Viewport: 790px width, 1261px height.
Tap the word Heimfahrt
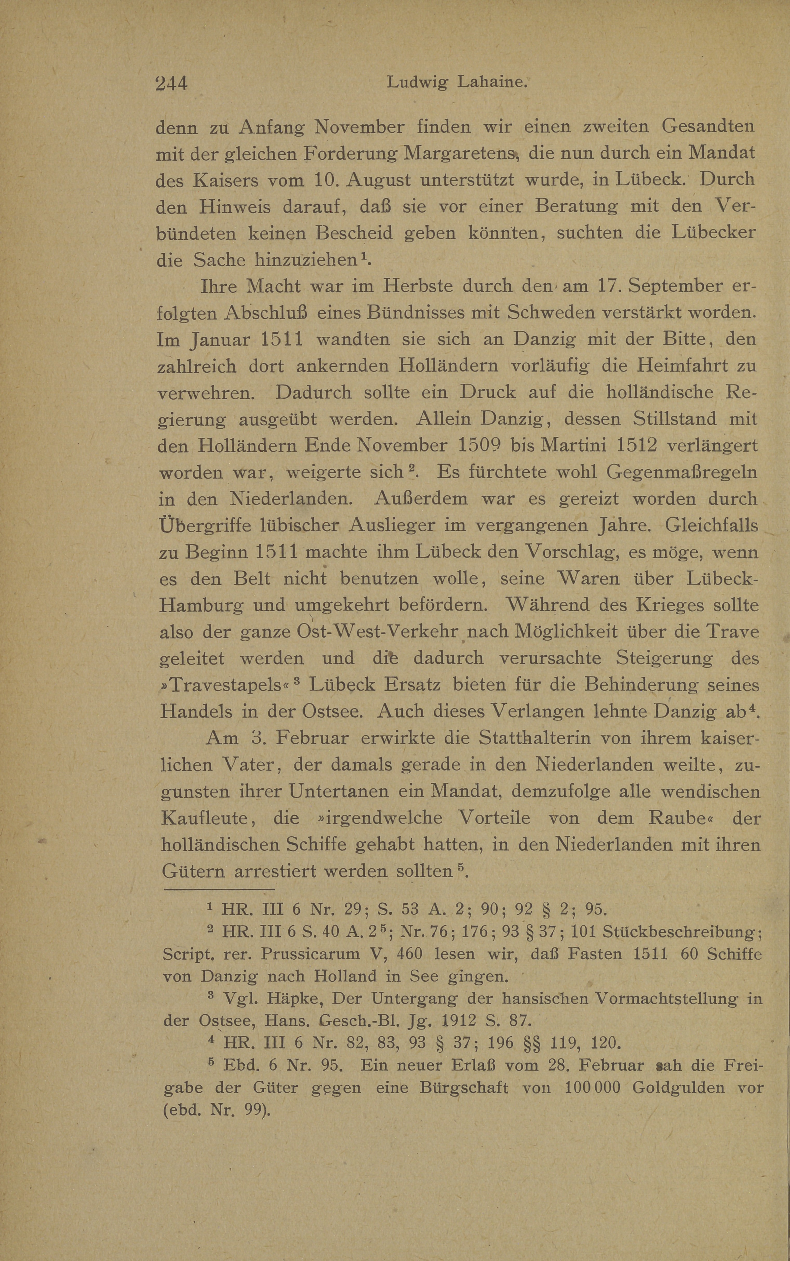(x=672, y=365)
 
